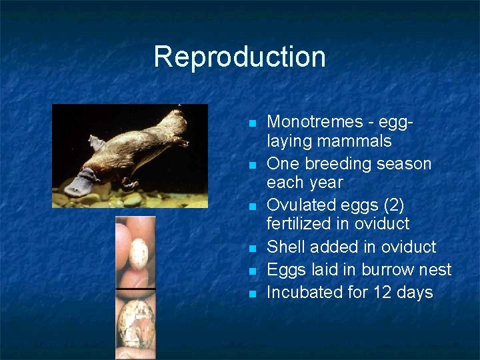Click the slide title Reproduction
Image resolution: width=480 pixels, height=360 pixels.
pyautogui.click(x=239, y=57)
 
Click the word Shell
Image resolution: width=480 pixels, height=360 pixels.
pyautogui.click(x=285, y=247)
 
